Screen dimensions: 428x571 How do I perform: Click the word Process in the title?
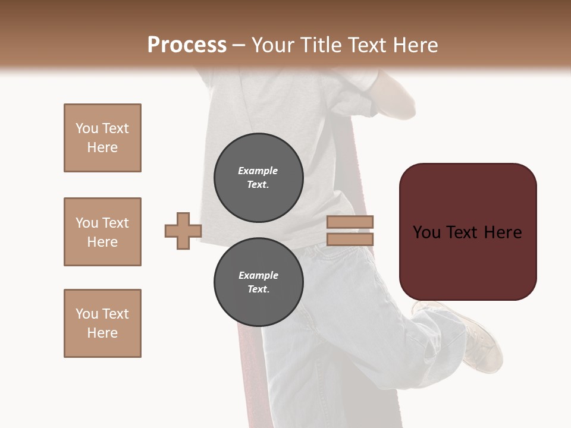click(x=187, y=45)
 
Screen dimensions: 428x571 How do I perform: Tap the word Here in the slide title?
click(x=413, y=45)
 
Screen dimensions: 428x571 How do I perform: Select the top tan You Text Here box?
click(x=102, y=138)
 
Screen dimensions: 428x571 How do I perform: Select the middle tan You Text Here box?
click(x=102, y=232)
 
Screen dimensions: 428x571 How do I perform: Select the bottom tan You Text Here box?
click(x=102, y=323)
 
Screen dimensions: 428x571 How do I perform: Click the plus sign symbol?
click(x=183, y=231)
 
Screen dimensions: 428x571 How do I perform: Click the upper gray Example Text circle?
click(x=258, y=178)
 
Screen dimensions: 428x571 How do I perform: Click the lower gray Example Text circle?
click(x=258, y=282)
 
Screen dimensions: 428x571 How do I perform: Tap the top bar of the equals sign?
click(x=350, y=222)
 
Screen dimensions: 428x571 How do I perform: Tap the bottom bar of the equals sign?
click(x=350, y=239)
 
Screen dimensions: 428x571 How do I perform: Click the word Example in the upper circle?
click(x=258, y=171)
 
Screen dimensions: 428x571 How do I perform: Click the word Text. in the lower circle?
click(x=258, y=289)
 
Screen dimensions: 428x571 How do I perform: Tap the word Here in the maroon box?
click(x=503, y=232)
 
